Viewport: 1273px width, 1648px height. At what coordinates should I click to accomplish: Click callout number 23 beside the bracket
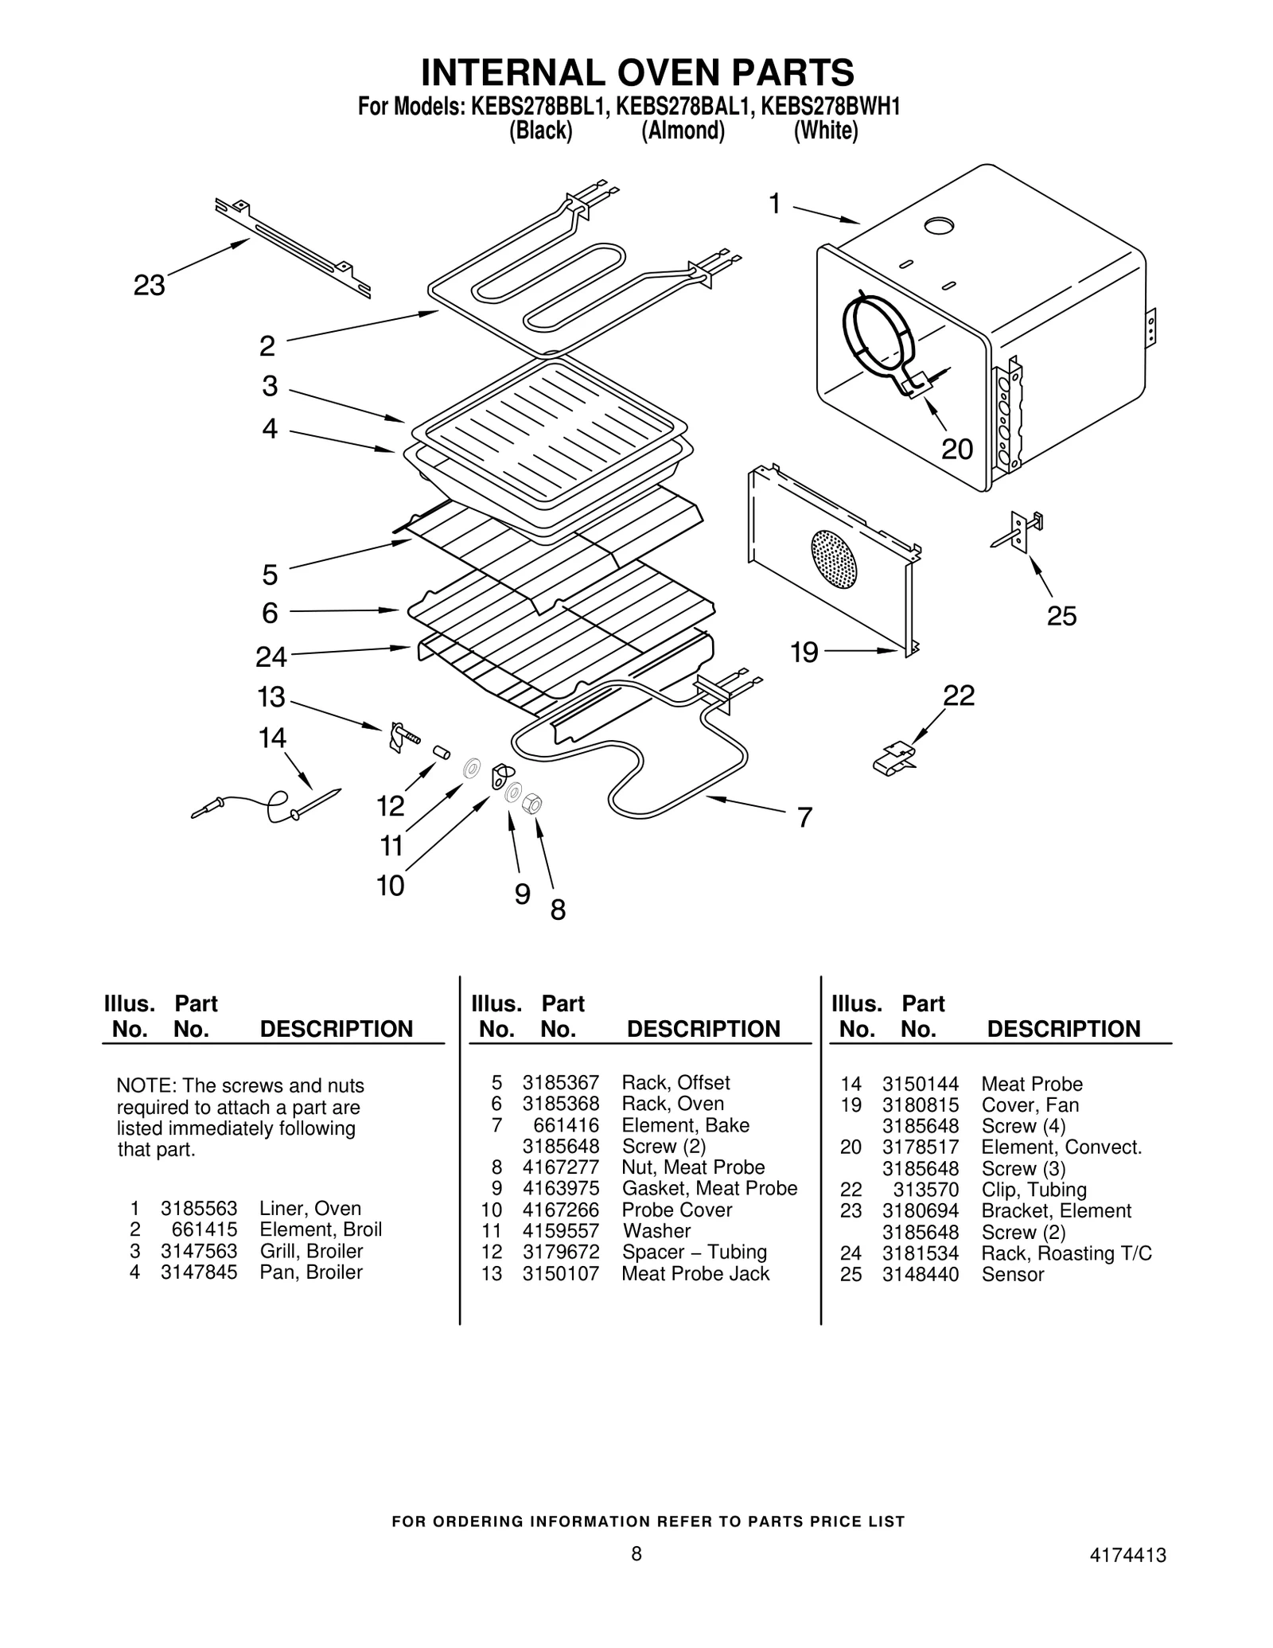(149, 285)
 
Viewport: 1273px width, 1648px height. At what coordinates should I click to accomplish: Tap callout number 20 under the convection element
(957, 450)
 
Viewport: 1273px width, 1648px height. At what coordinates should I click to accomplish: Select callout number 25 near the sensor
(1061, 616)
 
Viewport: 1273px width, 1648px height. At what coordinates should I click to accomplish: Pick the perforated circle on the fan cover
(834, 559)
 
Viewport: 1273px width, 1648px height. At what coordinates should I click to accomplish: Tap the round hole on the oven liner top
(939, 226)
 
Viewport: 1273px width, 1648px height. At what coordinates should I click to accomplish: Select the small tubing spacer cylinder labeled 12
(441, 752)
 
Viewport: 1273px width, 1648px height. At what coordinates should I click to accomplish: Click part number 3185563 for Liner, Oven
(199, 1208)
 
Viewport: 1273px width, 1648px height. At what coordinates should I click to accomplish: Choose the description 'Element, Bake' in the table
(685, 1125)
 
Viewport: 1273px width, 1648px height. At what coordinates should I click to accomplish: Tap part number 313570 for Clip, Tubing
(925, 1190)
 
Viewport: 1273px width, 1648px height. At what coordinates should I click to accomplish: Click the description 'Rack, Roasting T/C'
(1066, 1253)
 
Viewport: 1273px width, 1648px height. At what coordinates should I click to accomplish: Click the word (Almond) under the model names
(683, 131)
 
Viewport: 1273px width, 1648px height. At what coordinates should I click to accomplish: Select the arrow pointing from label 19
(863, 650)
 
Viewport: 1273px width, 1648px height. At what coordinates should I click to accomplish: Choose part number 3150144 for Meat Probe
(921, 1084)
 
